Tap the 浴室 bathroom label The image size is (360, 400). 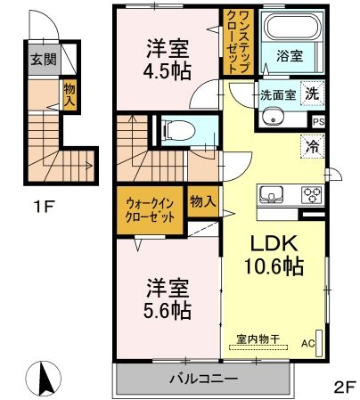point(289,54)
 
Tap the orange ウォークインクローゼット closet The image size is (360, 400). point(148,211)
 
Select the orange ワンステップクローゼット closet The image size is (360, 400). point(238,41)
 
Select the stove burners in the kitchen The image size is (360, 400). point(312,193)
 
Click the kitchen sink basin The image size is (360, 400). point(271,193)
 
